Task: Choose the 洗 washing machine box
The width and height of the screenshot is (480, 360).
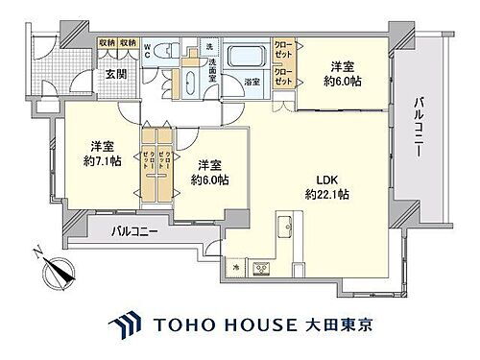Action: (209, 47)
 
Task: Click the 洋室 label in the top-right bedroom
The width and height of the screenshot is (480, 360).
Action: (344, 67)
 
